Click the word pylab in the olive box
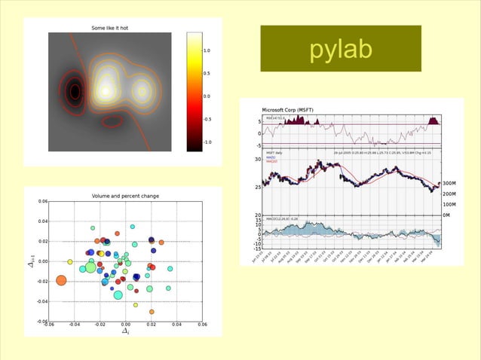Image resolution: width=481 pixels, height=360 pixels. tap(341, 50)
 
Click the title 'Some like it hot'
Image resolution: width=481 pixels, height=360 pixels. tap(109, 28)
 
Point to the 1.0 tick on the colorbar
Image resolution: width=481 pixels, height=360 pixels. tap(207, 50)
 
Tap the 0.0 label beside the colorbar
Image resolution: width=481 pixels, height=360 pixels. tap(207, 96)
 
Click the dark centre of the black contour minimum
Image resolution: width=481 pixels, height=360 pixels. tap(74, 92)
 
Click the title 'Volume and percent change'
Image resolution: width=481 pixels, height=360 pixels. tap(125, 196)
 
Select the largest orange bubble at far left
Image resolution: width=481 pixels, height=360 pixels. tap(62, 281)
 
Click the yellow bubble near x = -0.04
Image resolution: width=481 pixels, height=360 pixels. tap(70, 262)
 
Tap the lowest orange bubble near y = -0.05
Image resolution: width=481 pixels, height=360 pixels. tap(152, 311)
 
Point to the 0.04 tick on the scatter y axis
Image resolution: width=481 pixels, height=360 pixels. tap(41, 221)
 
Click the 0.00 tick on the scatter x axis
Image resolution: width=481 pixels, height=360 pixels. tap(125, 325)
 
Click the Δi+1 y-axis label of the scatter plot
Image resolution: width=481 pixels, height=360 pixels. tap(31, 261)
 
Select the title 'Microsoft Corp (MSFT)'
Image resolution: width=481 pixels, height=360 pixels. tap(290, 109)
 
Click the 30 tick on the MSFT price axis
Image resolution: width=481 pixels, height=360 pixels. tap(257, 159)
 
